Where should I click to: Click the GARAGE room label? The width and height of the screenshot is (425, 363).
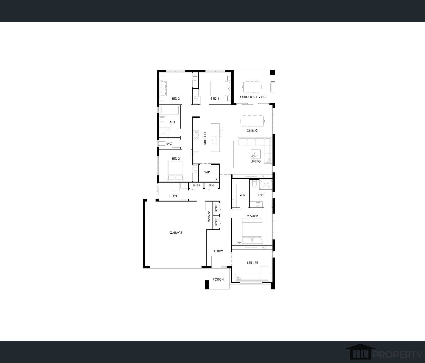(x=176, y=233)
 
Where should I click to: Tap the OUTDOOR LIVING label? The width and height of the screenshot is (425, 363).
(x=253, y=97)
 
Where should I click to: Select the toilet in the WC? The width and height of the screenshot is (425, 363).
(x=163, y=143)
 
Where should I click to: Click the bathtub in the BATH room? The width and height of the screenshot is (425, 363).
(x=169, y=110)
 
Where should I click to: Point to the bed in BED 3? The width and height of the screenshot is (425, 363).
(x=170, y=89)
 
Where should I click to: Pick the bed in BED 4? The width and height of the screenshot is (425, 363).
(x=220, y=89)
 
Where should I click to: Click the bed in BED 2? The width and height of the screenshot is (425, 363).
(x=176, y=171)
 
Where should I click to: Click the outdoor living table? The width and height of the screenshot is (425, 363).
(x=252, y=87)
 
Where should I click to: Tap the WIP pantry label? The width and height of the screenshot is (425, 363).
(x=207, y=172)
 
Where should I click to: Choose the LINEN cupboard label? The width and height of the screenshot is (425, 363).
(x=196, y=186)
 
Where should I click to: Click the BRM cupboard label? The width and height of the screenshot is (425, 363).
(x=211, y=186)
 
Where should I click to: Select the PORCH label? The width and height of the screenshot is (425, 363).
(x=218, y=280)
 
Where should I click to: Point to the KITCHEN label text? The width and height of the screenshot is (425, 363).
(x=205, y=138)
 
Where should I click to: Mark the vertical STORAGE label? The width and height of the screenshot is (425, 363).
(x=209, y=216)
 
